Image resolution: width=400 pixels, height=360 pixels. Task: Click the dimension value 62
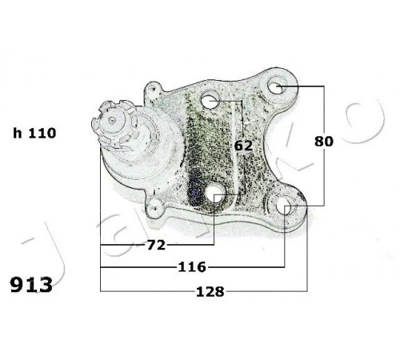[x=243, y=146]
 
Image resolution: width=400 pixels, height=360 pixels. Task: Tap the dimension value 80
[x=324, y=141]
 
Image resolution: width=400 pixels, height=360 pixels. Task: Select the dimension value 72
[x=157, y=245]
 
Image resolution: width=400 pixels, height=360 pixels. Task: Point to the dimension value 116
[x=192, y=267]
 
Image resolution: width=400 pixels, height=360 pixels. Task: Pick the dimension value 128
[x=210, y=292]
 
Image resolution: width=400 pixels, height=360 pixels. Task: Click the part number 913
[x=31, y=285]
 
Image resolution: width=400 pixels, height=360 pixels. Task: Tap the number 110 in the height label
[x=42, y=133]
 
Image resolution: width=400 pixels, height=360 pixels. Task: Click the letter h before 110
[x=18, y=133]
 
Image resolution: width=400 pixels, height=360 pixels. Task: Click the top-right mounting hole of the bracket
[x=275, y=86]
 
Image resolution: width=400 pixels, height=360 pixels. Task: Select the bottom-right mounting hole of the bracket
[x=284, y=206]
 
